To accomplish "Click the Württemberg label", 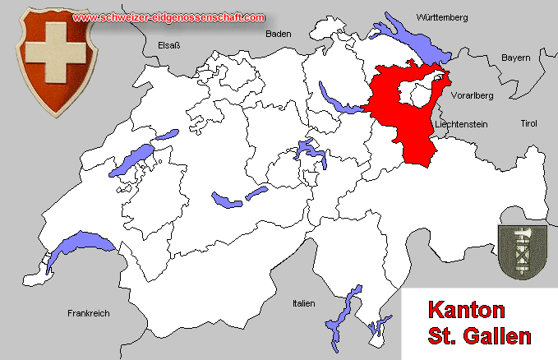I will [442, 17].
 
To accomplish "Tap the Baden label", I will [279, 34].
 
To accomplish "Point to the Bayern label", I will [516, 58].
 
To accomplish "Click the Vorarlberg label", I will [473, 96].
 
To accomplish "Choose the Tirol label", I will [528, 123].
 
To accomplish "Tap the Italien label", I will [303, 303].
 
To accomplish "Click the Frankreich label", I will [88, 313].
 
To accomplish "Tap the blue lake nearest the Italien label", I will [345, 308].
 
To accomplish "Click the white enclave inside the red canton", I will [422, 97].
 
